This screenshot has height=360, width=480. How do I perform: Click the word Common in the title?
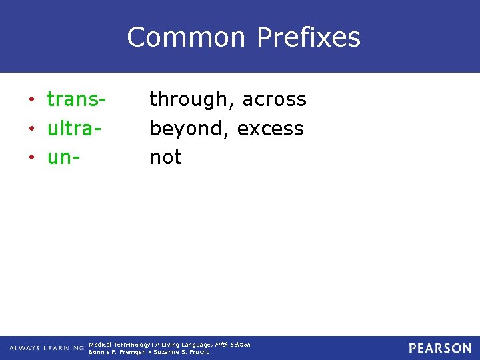click(187, 37)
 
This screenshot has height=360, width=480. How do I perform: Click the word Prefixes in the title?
click(308, 37)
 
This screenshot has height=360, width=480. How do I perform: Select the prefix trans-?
click(77, 99)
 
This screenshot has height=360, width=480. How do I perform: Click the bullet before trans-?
click(31, 101)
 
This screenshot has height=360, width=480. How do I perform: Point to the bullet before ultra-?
click(31, 129)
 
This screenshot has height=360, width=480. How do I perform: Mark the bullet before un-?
click(31, 159)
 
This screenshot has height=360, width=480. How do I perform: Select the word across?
click(274, 99)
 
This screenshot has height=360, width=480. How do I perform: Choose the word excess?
click(270, 129)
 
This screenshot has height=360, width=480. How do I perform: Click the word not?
click(165, 157)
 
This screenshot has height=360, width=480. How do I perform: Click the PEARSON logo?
click(440, 348)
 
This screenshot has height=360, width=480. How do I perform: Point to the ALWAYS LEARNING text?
click(46, 348)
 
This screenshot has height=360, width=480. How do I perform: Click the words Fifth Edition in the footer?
click(232, 345)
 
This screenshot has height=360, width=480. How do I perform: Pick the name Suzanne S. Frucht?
click(181, 352)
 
